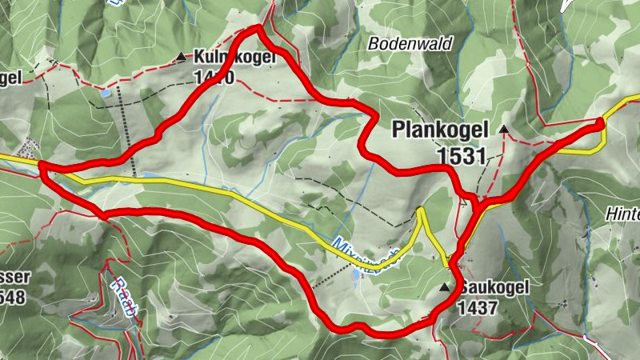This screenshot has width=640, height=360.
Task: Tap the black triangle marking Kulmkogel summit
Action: [181, 57]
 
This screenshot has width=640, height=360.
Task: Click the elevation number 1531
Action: [462, 155]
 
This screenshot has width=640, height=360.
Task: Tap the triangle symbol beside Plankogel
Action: [504, 129]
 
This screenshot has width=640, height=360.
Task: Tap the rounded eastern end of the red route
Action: [600, 122]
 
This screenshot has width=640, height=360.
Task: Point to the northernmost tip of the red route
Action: [258, 29]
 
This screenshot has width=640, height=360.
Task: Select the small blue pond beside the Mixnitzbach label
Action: [355, 274]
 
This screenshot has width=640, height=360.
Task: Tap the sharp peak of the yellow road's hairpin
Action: [419, 210]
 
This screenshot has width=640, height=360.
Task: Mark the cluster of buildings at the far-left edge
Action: [28, 148]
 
